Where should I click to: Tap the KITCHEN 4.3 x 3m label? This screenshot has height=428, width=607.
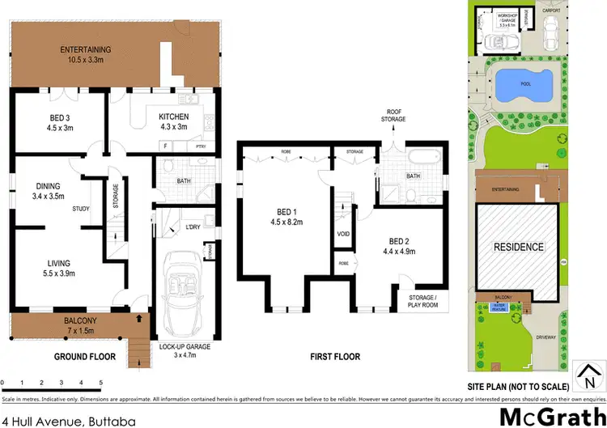[x=172, y=121]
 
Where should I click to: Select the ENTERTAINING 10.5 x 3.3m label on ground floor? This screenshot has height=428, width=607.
[x=86, y=54]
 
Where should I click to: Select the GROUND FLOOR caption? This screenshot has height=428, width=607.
[x=84, y=356]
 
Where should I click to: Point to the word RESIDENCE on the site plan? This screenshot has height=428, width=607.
[x=519, y=247]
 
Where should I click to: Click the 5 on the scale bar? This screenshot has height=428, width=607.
[x=100, y=382]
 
